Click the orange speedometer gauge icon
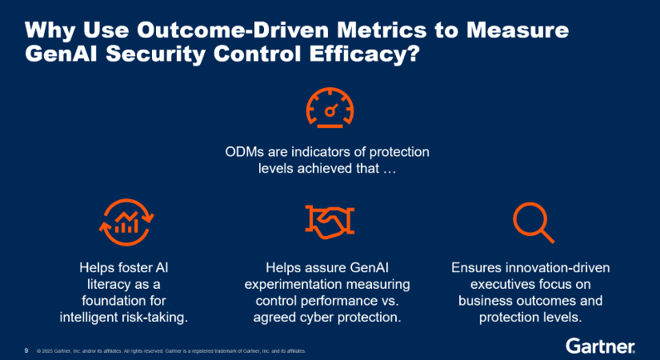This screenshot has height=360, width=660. [x=330, y=106]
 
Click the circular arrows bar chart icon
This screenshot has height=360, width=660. [x=126, y=222]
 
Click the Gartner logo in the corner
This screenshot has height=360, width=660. [x=601, y=346]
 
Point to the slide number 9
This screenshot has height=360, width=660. [x=26, y=350]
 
